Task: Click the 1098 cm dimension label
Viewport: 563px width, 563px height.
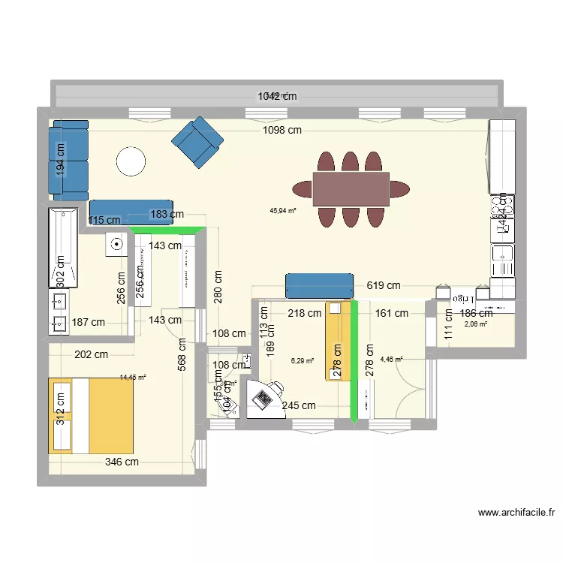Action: [x=282, y=130]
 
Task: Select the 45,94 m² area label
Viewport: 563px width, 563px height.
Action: [x=282, y=211]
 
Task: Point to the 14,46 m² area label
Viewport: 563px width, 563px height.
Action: [x=133, y=378]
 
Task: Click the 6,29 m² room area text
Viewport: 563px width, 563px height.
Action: [x=303, y=360]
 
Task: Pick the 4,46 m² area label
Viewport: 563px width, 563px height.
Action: [x=391, y=359]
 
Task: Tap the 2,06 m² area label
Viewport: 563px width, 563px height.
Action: [x=476, y=324]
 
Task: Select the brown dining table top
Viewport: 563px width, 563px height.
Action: [x=351, y=188]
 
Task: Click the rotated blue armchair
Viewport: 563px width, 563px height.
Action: [x=197, y=142]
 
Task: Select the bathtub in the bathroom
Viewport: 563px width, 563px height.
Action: [x=64, y=247]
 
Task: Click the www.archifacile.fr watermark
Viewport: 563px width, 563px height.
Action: [x=516, y=513]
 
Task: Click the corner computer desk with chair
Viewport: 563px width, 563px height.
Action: [x=264, y=396]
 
